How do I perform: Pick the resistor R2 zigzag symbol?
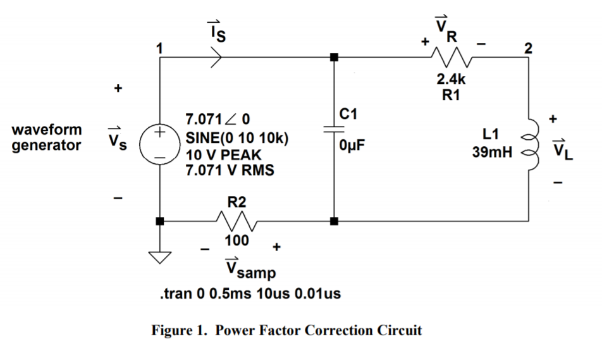pyautogui.click(x=235, y=221)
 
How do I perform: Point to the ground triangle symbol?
pyautogui.click(x=160, y=257)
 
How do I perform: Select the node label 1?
pyautogui.click(x=160, y=47)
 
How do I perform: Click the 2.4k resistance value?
pyautogui.click(x=451, y=80)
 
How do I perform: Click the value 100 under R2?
pyautogui.click(x=236, y=241)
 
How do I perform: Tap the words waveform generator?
pyautogui.click(x=47, y=137)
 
